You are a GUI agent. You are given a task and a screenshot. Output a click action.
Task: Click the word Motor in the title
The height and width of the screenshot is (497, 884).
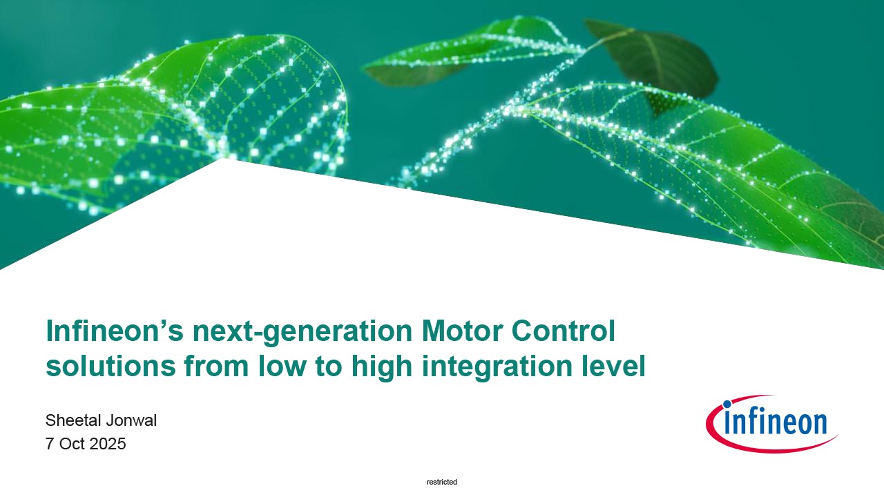pos(462,331)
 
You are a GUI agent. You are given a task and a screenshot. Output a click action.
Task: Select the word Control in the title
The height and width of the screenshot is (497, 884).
pos(563,331)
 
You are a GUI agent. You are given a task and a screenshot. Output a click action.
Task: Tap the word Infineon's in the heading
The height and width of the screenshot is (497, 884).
pos(115,331)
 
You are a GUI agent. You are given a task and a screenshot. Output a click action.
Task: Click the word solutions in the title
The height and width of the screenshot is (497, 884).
pos(111,366)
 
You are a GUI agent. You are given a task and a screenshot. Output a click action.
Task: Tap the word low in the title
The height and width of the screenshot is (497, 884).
pos(282,366)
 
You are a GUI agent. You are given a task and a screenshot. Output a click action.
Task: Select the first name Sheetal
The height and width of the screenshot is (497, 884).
pos(71,420)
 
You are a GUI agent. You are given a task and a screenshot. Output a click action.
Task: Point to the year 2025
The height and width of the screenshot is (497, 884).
pos(108,444)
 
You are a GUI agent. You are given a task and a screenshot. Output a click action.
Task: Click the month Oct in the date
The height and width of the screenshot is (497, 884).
pos(72,444)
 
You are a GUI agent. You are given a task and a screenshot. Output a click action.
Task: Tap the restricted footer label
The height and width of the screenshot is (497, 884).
pos(442,482)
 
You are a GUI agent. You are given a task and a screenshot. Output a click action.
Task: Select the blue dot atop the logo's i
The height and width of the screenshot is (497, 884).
pos(727,404)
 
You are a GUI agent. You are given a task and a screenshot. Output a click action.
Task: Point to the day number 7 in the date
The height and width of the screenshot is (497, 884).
pos(50,444)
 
